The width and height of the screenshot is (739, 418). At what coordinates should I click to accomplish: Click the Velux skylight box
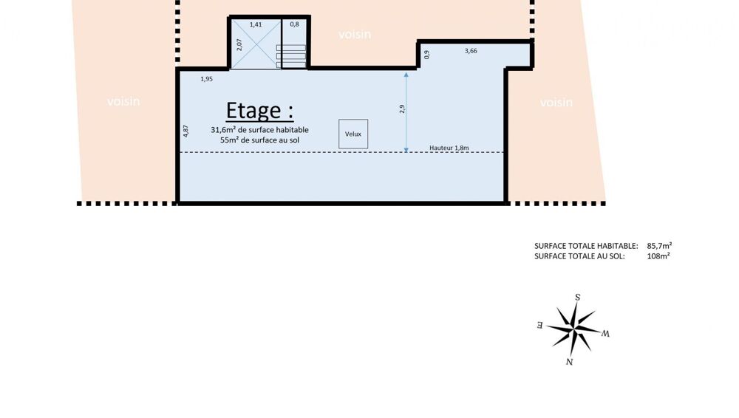353,134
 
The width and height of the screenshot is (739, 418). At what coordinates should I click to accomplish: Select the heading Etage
259,111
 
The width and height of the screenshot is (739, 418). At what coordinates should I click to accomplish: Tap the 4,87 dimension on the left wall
185,131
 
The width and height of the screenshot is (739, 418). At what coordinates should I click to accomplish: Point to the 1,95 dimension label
206,79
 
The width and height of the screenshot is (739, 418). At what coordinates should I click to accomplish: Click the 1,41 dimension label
256,24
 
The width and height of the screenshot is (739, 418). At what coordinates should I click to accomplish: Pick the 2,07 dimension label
239,45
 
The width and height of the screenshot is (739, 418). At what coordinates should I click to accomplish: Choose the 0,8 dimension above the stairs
294,24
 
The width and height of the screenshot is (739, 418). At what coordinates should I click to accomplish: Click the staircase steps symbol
290,56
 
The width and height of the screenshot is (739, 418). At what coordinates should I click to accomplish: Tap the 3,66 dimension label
471,51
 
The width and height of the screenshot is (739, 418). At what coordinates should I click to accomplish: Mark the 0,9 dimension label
427,55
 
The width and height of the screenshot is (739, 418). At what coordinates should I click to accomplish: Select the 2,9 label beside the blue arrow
402,109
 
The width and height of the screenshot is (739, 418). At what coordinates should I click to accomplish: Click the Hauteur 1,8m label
449,148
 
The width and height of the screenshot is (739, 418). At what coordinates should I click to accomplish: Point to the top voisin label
355,35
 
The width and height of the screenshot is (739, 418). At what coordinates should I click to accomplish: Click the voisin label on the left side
123,101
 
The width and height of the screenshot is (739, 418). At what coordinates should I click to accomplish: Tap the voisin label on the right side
556,102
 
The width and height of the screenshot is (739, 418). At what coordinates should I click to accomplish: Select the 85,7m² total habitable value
659,245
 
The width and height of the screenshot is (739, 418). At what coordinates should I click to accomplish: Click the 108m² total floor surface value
658,256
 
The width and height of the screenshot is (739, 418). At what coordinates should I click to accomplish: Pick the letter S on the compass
577,298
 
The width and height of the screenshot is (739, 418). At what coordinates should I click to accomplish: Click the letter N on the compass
569,362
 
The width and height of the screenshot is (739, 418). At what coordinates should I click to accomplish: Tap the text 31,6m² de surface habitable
259,129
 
